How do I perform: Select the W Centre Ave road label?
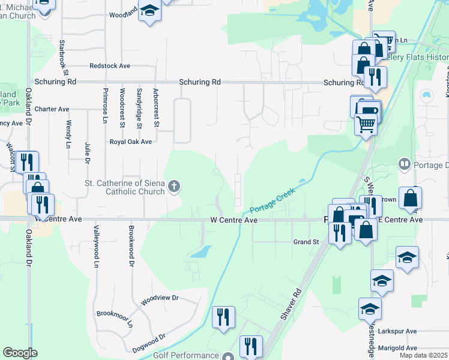(x=234, y=220)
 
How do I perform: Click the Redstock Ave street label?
(x=109, y=65)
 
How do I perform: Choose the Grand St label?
(x=306, y=242)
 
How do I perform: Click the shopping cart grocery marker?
(x=366, y=125)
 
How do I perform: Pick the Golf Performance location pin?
(x=228, y=356)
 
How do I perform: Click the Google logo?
(x=20, y=353)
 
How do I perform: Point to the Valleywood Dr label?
(x=95, y=246)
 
